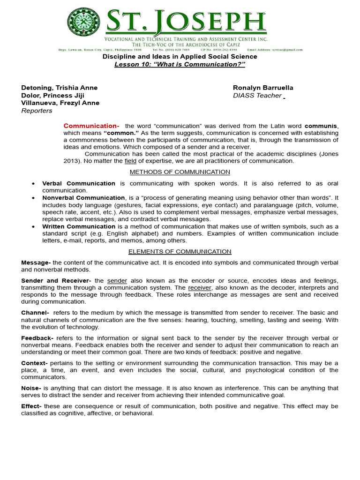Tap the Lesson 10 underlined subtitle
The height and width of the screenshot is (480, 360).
180,64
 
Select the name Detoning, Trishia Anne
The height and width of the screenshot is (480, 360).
60,88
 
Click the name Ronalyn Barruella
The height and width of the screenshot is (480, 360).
263,88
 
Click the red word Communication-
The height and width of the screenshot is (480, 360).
91,126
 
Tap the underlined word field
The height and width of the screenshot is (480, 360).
130,161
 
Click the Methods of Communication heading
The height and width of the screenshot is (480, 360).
180,172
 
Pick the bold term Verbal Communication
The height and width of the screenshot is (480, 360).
79,183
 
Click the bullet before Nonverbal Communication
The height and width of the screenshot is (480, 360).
32,198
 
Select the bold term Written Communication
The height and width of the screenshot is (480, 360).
79,226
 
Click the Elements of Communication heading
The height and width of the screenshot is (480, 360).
180,251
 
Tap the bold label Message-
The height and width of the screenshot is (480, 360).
36,262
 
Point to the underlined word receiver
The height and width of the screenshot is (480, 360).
200,287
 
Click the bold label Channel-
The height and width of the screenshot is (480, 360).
35,313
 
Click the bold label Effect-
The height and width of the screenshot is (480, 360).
31,406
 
